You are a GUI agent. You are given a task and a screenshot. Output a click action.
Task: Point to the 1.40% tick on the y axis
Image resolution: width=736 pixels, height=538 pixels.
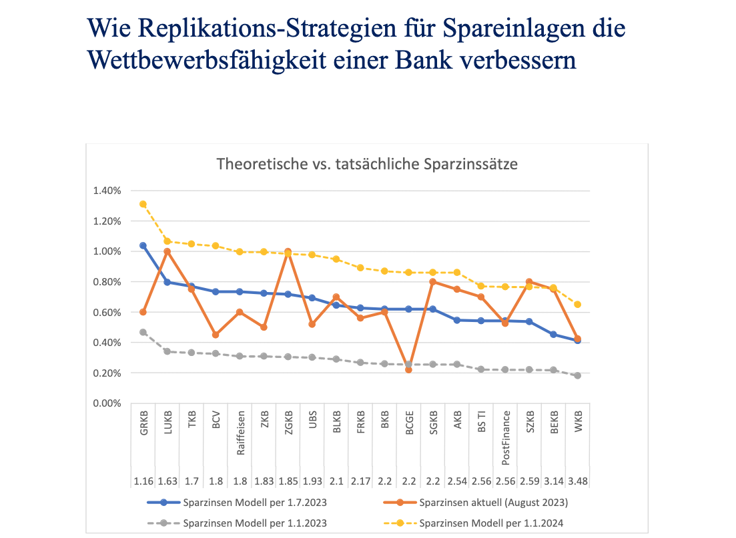coord(107,191)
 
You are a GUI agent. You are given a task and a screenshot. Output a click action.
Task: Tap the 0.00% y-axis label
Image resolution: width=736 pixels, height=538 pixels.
coord(107,403)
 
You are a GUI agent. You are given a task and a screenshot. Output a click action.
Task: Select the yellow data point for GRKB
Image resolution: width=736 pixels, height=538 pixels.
coord(143,204)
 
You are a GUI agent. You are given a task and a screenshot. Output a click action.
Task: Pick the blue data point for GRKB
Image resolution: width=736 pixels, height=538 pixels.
coord(143,245)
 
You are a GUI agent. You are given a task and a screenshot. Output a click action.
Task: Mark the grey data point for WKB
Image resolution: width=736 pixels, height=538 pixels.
coord(577,375)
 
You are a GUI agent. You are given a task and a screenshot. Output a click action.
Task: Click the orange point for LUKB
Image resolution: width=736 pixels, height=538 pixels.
coord(167,251)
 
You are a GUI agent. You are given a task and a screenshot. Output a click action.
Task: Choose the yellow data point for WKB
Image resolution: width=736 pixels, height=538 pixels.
coord(577,304)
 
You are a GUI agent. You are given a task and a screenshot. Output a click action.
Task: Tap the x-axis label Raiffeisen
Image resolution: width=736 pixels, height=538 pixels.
coord(240,437)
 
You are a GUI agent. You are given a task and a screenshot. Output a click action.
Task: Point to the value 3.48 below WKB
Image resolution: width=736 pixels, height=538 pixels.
coord(577,481)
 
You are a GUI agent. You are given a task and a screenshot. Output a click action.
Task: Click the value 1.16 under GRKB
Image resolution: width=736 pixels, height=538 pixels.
coord(143,481)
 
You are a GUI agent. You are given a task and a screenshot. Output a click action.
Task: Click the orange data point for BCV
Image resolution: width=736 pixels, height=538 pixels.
coord(216,335)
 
